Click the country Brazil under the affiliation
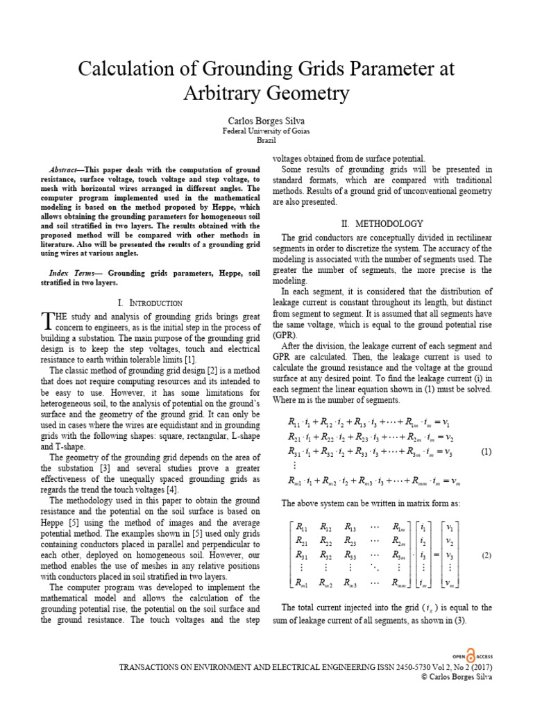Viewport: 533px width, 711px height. pyautogui.click(x=266, y=140)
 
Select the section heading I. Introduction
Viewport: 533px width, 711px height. pyautogui.click(x=150, y=303)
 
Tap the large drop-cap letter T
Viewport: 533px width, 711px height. pyautogui.click(x=47, y=320)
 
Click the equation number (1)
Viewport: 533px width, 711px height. pyautogui.click(x=486, y=451)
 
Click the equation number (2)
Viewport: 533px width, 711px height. pyautogui.click(x=486, y=555)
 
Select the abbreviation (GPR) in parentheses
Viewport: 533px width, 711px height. pyautogui.click(x=285, y=334)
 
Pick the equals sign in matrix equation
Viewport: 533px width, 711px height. pyautogui.click(x=434, y=555)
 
